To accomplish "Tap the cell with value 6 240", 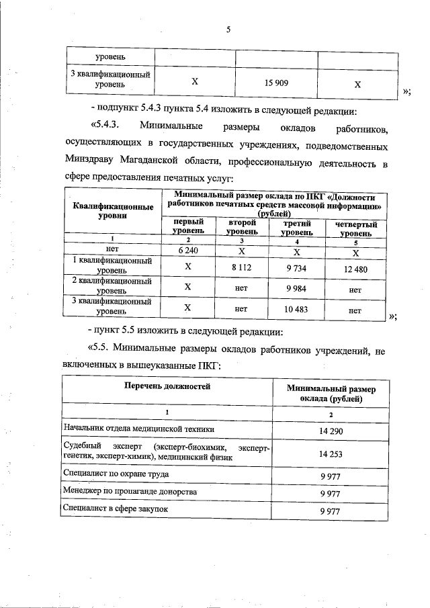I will pyautogui.click(x=187, y=250).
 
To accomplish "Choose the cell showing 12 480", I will pyautogui.click(x=355, y=267).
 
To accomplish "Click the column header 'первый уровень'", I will pyautogui.click(x=187, y=226).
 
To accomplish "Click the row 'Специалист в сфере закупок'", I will pyautogui.click(x=114, y=510).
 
